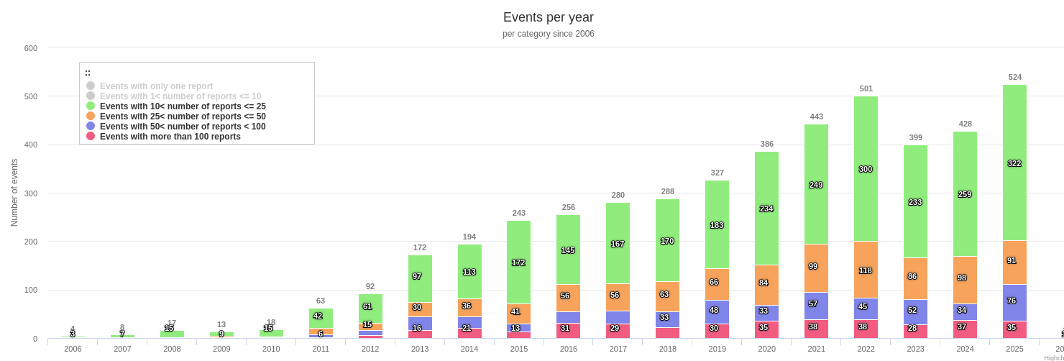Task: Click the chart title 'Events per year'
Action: coord(548,17)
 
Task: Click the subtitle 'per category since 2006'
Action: coord(548,34)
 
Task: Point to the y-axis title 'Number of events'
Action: coord(14,193)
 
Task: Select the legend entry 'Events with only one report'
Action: coord(156,86)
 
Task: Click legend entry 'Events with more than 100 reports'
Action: coord(170,137)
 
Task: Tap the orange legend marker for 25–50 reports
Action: coord(91,116)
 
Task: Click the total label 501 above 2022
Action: coord(866,89)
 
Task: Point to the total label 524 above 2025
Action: coord(1014,77)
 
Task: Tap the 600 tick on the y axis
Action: coord(31,48)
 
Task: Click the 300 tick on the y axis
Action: coord(31,193)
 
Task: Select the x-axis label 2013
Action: coord(420,349)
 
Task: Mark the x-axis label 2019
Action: coord(717,349)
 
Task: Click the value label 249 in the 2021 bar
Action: coord(816,185)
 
